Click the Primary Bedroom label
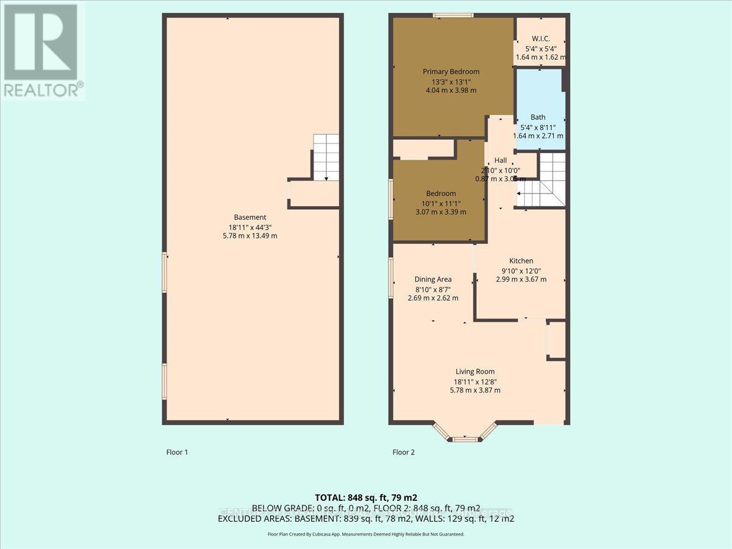point(451,71)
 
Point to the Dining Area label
point(432,279)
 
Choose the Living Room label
point(475,371)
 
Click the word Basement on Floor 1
point(250,217)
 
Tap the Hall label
point(500,160)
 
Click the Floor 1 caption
point(178,452)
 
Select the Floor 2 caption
point(403,452)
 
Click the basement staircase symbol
point(326,157)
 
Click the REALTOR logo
point(41,49)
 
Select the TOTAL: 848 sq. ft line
point(365,497)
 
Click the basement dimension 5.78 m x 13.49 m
point(250,235)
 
